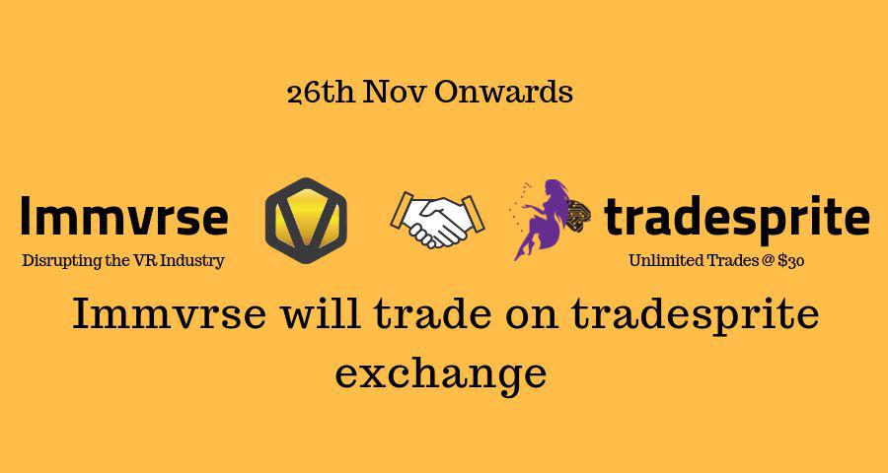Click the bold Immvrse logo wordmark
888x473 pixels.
123,218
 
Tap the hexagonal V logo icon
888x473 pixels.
306,220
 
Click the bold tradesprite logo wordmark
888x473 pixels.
736,218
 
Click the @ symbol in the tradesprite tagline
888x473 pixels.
768,261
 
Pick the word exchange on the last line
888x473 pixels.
441,372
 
